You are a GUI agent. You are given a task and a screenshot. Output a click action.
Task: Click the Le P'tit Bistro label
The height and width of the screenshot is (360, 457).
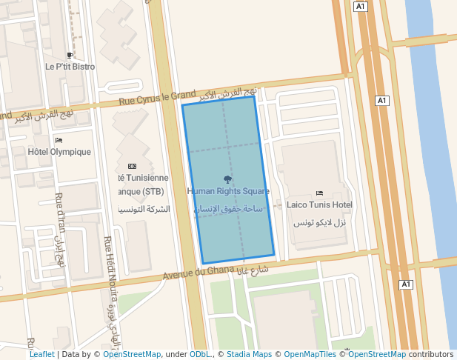[x=70, y=67]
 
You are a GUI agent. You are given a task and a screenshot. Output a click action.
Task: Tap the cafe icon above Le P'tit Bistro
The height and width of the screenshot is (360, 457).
[x=70, y=55]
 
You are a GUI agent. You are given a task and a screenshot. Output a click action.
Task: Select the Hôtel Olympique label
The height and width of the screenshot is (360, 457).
[x=59, y=152]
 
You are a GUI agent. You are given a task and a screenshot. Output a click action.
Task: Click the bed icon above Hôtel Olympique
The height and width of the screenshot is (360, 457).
[x=59, y=140]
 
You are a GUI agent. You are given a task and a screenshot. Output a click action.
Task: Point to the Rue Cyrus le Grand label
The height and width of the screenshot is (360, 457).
[x=156, y=96]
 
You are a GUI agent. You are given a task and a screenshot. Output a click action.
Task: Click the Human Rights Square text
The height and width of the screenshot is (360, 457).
[x=228, y=191]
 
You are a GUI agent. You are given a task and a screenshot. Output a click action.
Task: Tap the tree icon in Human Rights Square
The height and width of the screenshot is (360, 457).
[x=227, y=179]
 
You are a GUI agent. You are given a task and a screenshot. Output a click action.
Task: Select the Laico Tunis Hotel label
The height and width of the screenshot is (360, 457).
[x=319, y=204]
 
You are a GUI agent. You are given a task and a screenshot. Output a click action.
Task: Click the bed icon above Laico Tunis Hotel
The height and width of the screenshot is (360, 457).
[x=319, y=193]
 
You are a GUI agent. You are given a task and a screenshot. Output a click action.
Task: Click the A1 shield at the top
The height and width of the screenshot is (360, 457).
[x=361, y=7]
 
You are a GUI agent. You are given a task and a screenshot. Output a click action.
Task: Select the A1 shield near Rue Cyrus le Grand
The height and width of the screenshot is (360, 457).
[x=382, y=100]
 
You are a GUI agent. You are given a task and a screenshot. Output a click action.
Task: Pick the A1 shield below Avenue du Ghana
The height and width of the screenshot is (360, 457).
[x=405, y=284]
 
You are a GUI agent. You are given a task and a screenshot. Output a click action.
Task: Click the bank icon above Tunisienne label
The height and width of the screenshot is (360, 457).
[x=133, y=166]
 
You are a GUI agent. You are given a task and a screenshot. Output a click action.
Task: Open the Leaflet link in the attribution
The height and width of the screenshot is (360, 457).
[x=41, y=355]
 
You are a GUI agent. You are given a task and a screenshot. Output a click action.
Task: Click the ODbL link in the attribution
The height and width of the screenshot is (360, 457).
[x=199, y=355]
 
